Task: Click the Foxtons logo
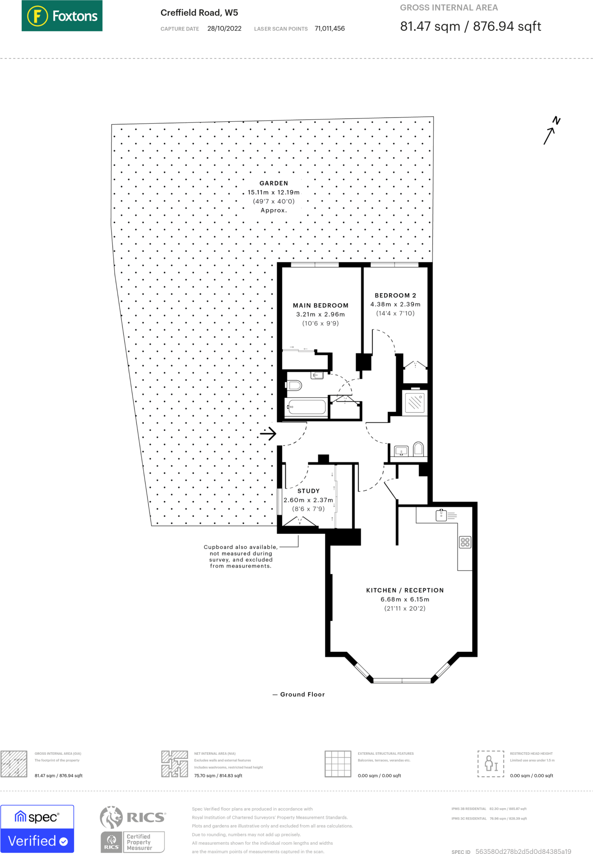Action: (62, 16)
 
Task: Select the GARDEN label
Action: (274, 183)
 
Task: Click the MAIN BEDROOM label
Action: (320, 305)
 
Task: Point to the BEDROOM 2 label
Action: (395, 295)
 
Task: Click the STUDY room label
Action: (308, 491)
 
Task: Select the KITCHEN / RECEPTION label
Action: (405, 590)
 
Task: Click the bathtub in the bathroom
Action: (307, 407)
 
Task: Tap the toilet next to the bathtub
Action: (294, 385)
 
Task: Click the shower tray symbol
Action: (415, 402)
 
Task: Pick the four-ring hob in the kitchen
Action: (465, 542)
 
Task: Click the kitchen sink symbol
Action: (441, 515)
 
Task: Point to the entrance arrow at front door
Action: (268, 434)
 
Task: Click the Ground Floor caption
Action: (302, 694)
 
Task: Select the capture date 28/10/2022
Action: (224, 28)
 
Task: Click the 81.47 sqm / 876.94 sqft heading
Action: (470, 26)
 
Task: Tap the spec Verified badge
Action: (37, 829)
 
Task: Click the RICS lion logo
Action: (111, 817)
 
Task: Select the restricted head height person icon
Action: (491, 764)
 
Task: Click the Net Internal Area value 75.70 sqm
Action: (218, 776)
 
